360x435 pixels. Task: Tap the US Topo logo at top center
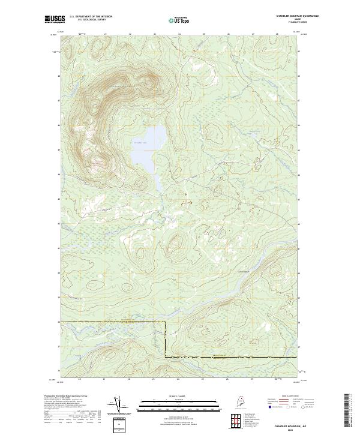click(180, 19)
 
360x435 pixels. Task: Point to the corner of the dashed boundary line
click(165, 323)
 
